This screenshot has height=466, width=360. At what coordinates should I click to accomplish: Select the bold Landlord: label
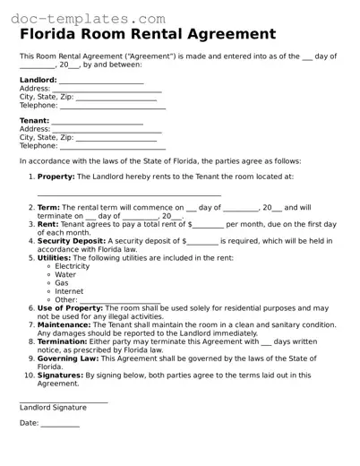point(39,80)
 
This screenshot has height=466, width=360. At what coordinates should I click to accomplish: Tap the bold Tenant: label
point(35,120)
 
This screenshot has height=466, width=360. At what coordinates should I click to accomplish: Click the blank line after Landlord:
point(101,82)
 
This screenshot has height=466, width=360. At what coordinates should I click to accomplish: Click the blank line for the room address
point(129,194)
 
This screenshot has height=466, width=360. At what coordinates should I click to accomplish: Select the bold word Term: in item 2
point(48,207)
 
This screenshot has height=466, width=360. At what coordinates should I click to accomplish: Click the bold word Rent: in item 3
point(48,224)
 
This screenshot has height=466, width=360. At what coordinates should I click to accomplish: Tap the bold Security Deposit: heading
point(77,240)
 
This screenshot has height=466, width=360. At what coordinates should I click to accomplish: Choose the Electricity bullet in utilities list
point(72,266)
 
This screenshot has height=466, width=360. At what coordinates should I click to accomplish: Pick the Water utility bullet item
point(65,274)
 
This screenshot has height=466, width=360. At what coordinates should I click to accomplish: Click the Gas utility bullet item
point(62,282)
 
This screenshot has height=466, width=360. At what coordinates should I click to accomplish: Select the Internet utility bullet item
point(68,291)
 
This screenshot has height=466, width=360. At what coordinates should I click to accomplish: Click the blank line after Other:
point(120,301)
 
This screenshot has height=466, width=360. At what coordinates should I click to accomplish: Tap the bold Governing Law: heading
point(68,358)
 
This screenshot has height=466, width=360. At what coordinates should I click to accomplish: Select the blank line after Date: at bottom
point(60,424)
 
